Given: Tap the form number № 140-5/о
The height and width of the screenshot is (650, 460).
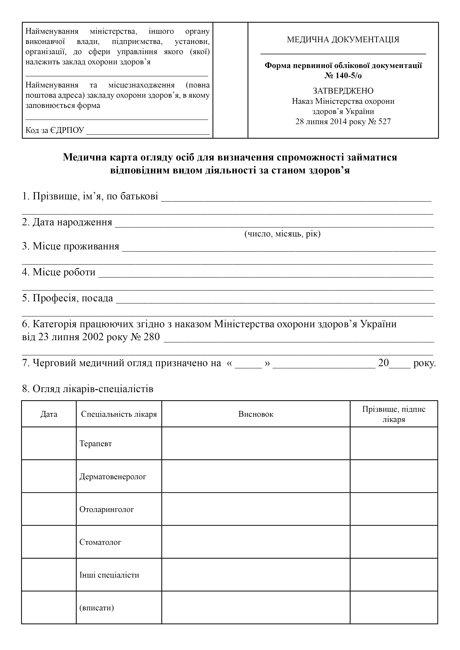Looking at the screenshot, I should tap(343, 76).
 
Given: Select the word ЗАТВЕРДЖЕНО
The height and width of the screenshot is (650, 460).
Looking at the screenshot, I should tap(343, 91).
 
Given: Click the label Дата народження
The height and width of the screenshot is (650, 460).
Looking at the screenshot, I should tap(72, 222).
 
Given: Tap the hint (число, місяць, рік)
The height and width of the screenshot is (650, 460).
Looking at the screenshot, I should tap(282, 234).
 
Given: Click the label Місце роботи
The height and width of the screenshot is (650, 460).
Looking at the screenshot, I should tap(64, 272).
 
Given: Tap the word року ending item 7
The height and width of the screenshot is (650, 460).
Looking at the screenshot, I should tap(424, 363).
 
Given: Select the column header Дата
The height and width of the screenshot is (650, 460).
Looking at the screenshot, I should tap(49, 414).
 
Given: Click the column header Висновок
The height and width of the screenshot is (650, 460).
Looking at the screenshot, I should tap(256, 414).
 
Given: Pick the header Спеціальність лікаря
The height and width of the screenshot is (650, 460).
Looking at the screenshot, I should tap(119, 414).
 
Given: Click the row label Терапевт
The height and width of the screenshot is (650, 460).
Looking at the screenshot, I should tap(96, 444).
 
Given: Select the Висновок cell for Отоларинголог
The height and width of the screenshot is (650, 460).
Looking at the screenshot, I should tap(256, 510).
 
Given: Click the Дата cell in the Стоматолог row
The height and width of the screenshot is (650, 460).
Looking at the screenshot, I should tap(49, 542).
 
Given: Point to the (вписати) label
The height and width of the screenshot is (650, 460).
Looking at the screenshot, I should tap(97, 608).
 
